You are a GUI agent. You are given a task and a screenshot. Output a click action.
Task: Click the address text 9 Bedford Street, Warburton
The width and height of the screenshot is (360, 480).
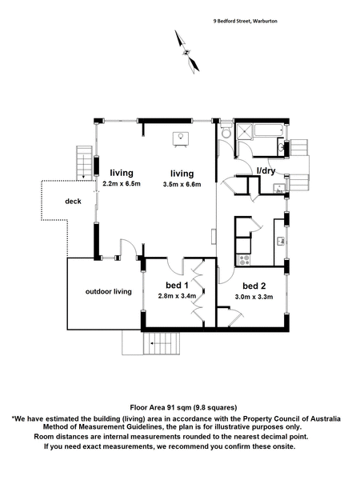click(246, 21)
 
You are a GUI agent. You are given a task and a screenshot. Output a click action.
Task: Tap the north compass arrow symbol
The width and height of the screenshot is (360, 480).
click(186, 52)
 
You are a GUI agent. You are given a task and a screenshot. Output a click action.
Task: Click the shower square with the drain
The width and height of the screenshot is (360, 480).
click(245, 132)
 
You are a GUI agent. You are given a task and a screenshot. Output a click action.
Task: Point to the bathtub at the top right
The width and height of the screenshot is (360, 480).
click(269, 130)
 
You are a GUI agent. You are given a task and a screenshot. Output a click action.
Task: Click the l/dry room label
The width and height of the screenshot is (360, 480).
click(266, 171)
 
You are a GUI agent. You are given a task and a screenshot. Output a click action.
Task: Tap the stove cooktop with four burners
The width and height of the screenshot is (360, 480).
click(244, 260)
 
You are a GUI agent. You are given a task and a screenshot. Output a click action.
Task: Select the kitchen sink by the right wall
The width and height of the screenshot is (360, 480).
click(282, 241)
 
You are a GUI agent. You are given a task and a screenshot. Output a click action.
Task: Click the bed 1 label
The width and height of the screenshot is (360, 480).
click(177, 286)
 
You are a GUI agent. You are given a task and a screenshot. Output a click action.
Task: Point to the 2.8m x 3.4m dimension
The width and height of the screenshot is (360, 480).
click(177, 296)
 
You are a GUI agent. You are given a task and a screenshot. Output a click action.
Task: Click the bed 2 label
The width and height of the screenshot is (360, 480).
click(254, 286)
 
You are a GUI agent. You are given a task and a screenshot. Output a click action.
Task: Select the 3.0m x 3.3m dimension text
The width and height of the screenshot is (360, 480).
click(254, 297)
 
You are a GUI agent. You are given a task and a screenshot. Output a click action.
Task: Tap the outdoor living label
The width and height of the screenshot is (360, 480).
click(109, 291)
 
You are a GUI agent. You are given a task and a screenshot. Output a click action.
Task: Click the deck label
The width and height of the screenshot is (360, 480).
click(73, 201)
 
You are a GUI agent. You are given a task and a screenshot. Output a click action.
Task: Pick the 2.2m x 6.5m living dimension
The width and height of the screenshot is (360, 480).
click(122, 184)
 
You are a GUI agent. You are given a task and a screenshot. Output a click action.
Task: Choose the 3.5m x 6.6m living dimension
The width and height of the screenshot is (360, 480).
click(182, 184)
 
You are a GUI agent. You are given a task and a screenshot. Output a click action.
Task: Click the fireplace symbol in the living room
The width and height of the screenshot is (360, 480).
click(181, 139)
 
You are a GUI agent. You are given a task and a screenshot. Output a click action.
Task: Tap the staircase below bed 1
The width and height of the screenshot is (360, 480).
click(162, 343)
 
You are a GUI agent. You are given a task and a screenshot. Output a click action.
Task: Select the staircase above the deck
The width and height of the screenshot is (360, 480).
click(84, 163)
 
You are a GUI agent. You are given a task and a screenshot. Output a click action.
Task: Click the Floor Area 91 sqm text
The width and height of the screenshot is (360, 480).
click(183, 407)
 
